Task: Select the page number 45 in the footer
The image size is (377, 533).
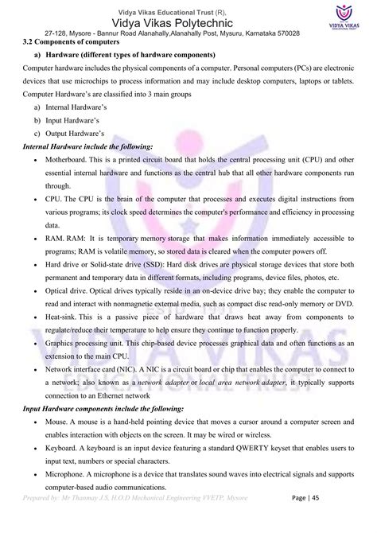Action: pos(362,519)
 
